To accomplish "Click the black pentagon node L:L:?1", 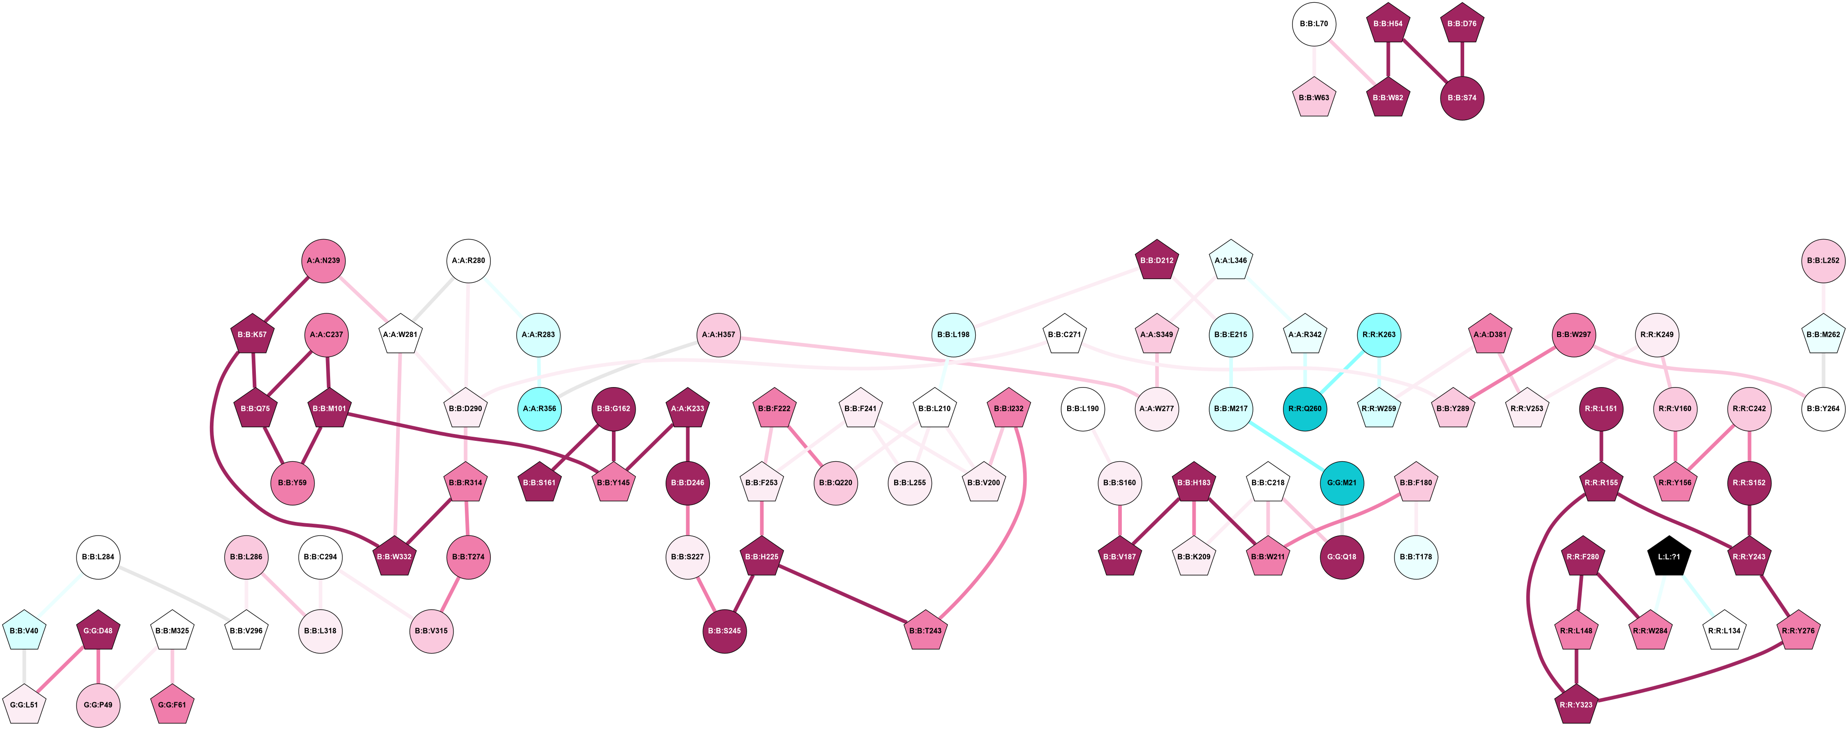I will [1669, 557].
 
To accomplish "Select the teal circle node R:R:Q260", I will [1305, 409].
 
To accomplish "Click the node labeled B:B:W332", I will [395, 557].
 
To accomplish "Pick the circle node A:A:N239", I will [324, 260].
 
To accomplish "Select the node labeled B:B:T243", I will [926, 631].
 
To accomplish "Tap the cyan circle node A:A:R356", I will [539, 409].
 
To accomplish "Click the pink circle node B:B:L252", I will [1823, 260].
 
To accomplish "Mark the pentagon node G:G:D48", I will [97, 631].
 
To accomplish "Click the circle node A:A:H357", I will [718, 335].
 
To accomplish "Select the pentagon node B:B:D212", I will [1156, 260].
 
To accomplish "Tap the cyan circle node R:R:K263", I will [1379, 335].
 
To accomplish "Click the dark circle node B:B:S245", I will [724, 631].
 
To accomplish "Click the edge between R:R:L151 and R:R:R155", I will [1601, 446].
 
